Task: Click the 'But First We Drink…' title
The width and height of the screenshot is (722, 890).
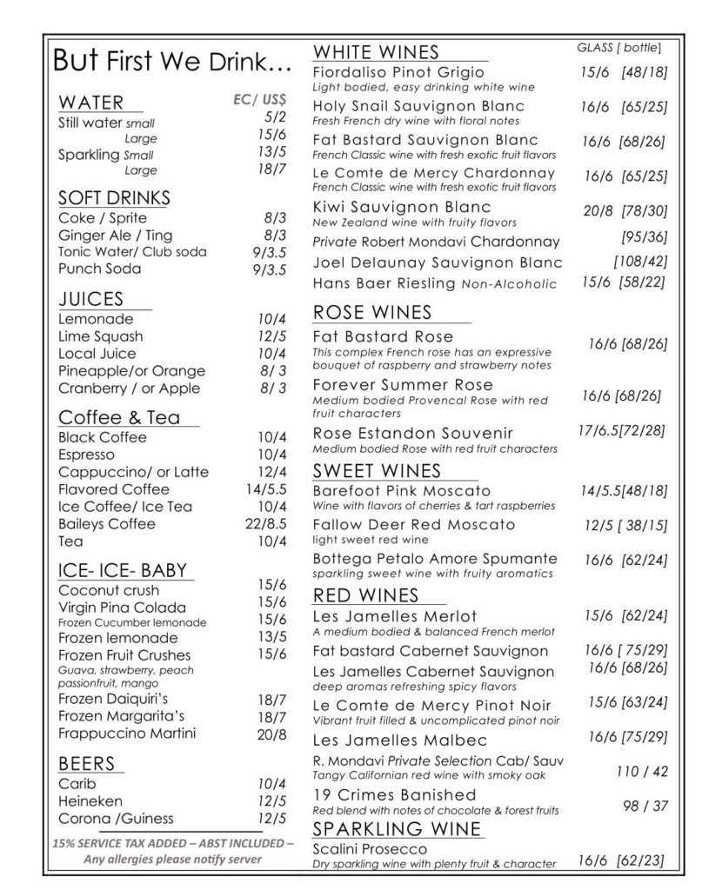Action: point(172,61)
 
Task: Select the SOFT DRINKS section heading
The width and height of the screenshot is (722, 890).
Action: point(114,197)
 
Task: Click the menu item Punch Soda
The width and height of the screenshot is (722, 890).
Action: point(99,269)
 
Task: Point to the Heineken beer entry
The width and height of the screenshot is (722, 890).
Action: point(90,800)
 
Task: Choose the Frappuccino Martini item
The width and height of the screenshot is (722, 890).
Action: point(127,734)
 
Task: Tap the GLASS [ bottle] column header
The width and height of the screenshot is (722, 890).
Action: point(618,47)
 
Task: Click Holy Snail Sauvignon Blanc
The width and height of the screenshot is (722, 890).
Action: point(418,107)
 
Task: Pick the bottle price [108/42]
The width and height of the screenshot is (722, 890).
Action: point(639,262)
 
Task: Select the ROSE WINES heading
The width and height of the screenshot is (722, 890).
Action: point(371,312)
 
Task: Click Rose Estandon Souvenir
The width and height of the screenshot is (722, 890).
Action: point(412,433)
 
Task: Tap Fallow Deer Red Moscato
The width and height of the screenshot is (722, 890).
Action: point(413,525)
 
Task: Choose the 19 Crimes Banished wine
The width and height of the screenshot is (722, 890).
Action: point(394,794)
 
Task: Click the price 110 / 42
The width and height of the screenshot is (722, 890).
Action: point(642,771)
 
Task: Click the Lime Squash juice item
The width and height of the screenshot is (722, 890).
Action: point(101,336)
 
